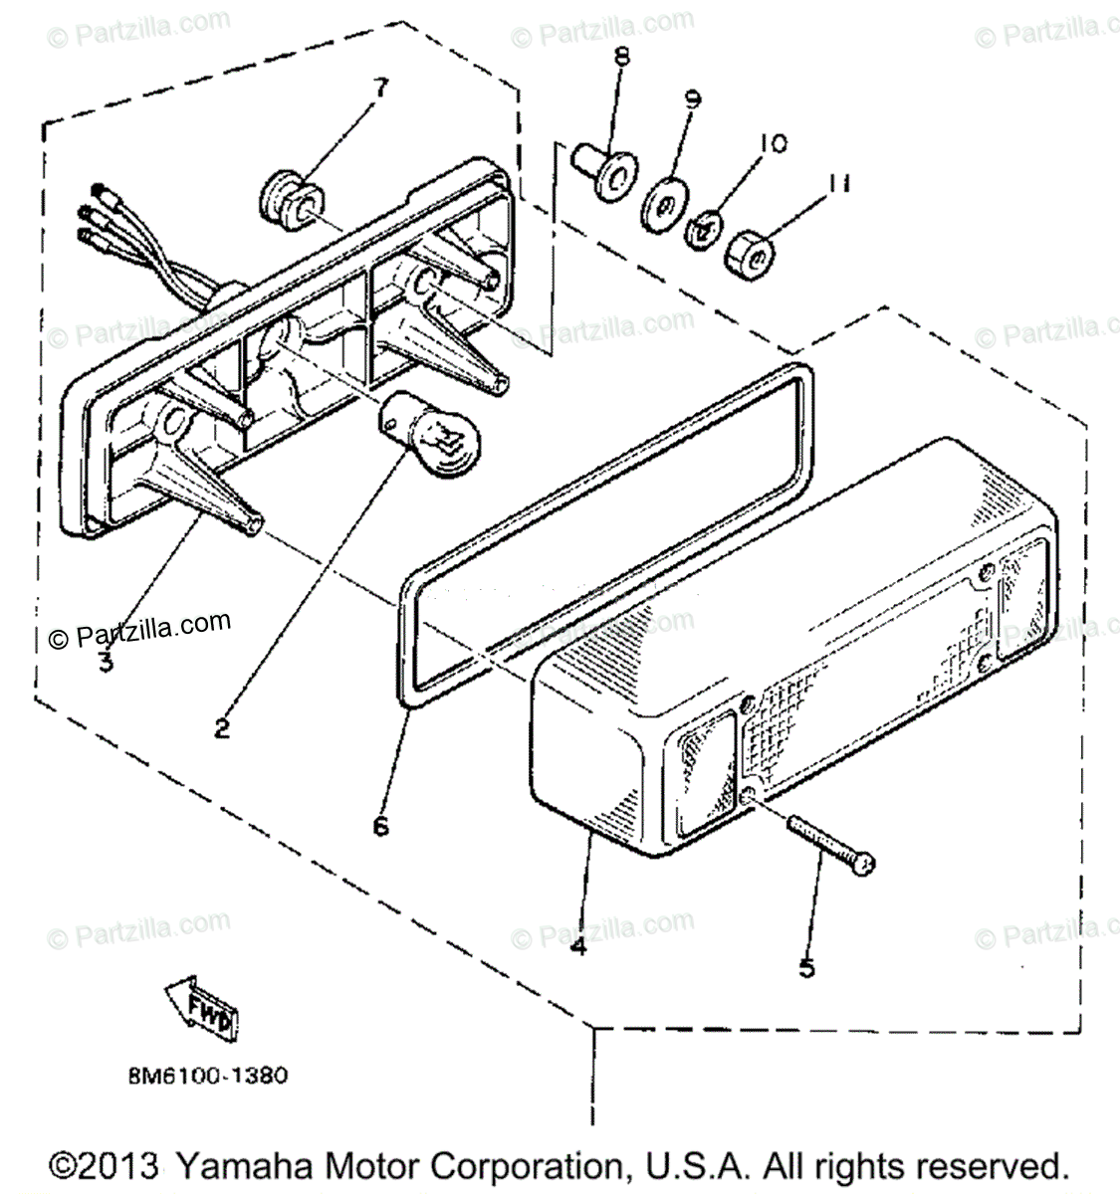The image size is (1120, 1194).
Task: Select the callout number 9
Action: click(692, 99)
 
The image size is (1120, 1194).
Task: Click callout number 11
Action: click(838, 184)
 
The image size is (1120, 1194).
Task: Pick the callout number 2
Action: click(221, 728)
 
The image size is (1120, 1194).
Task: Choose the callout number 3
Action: click(106, 660)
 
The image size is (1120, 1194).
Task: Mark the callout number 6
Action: click(382, 825)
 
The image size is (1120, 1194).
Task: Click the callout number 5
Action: click(807, 965)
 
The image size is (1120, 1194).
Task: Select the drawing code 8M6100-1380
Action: click(208, 1076)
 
